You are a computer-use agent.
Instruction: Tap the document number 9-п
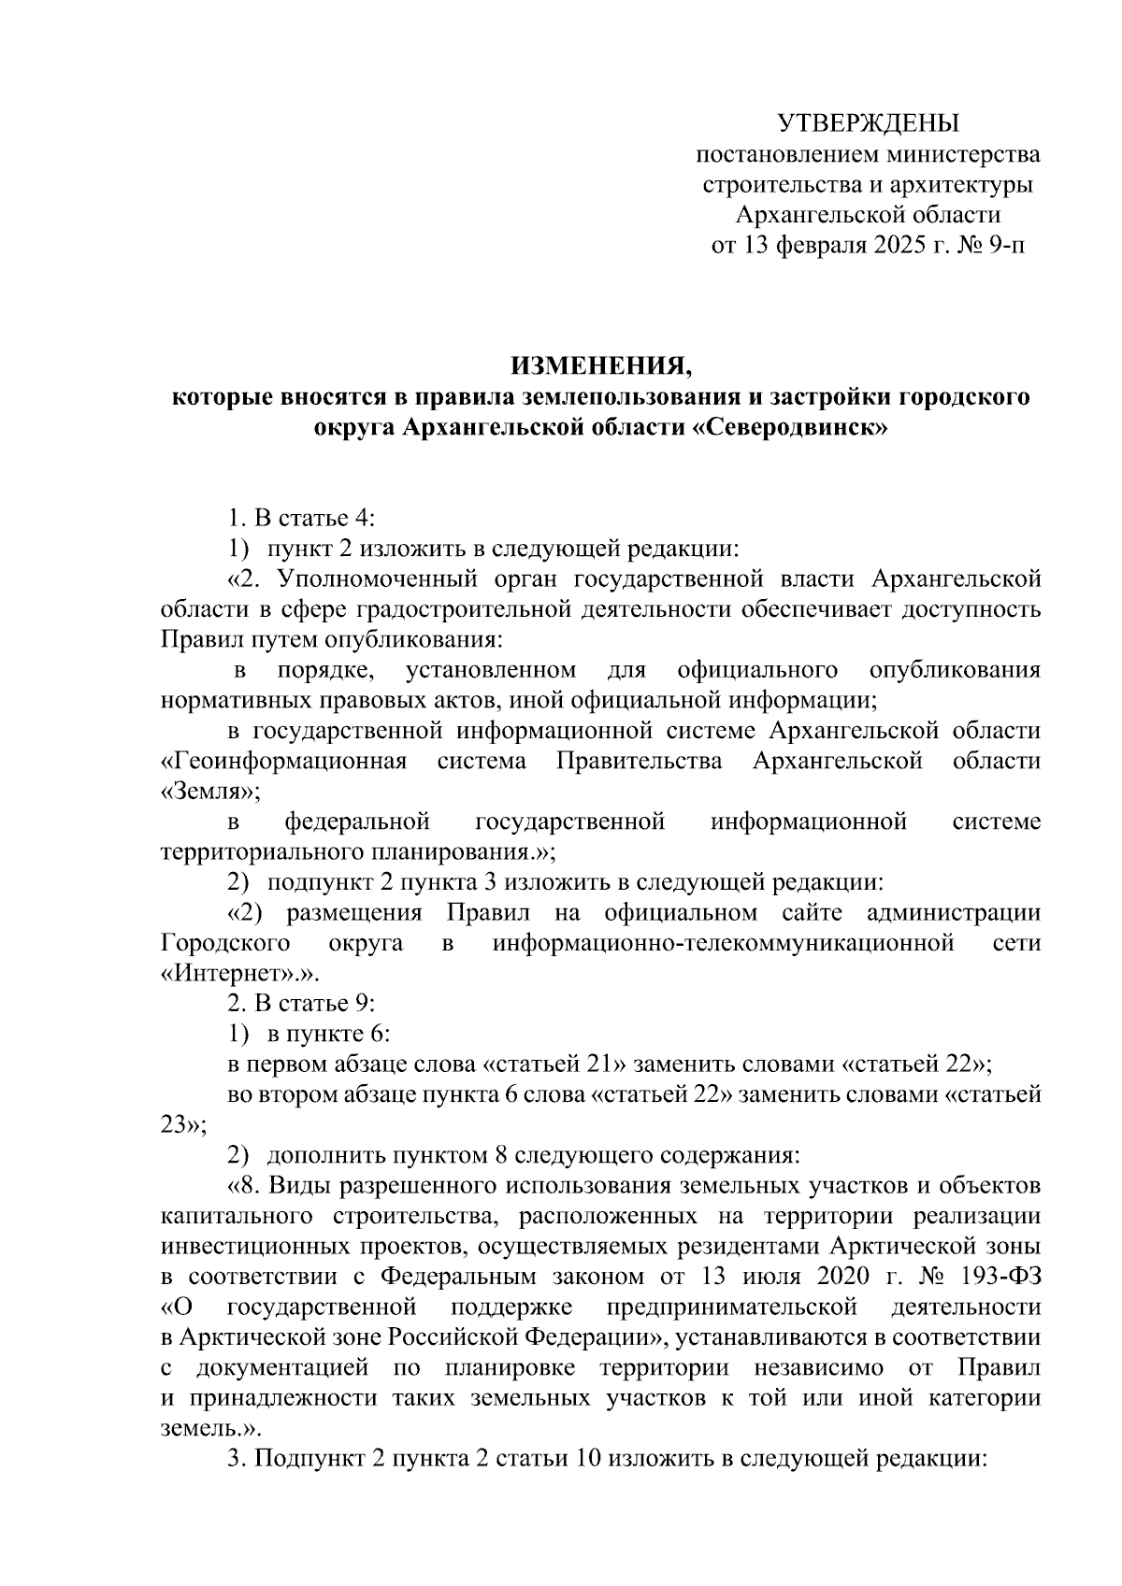tap(1005, 246)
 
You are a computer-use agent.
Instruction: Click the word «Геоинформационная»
tap(283, 760)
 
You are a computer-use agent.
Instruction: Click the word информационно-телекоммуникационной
tap(723, 942)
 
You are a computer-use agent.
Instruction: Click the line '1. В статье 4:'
tap(301, 519)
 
